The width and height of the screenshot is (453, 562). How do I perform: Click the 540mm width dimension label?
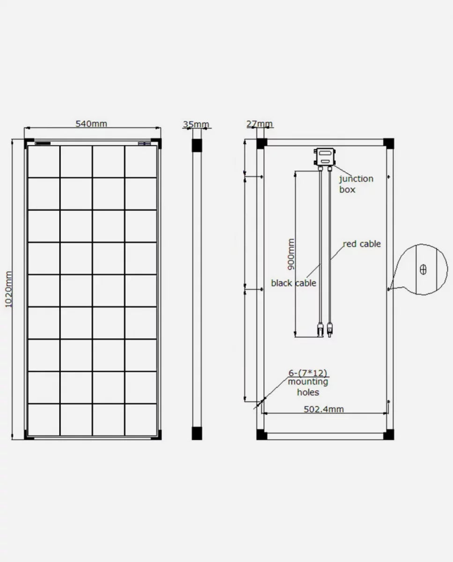(91, 124)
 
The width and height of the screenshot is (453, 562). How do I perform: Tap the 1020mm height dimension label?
(8, 289)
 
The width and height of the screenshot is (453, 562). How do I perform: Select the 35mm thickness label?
(196, 125)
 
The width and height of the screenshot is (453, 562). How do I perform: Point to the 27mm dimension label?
(259, 125)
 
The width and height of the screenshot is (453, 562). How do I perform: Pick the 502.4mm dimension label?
(324, 409)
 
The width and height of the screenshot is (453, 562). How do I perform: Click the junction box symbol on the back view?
(325, 156)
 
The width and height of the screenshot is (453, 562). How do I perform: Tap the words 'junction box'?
(356, 184)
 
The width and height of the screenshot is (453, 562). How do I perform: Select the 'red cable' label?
(362, 244)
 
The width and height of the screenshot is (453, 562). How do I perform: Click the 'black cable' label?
(294, 283)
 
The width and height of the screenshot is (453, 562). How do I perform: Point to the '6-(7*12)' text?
(308, 373)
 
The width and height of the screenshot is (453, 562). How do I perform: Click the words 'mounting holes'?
(308, 387)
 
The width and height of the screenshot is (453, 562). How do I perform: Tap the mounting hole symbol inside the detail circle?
(423, 270)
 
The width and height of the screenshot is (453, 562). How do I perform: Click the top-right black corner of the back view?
(388, 143)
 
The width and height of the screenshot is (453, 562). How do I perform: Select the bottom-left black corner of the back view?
(261, 435)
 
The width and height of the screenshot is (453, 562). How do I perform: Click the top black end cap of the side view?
(197, 145)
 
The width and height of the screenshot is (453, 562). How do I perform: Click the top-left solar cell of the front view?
(44, 162)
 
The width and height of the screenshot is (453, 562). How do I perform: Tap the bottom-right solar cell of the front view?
(141, 420)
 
